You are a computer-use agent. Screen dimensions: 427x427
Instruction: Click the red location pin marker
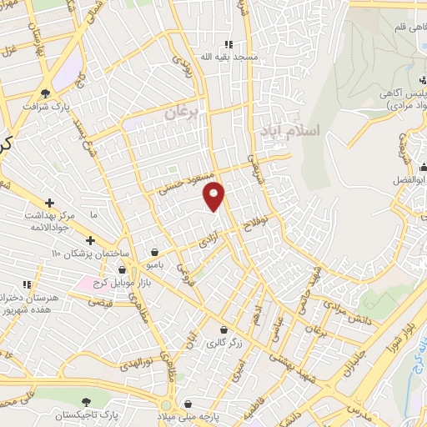coord(214,195)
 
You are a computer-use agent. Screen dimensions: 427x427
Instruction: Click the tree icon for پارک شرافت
coord(45,93)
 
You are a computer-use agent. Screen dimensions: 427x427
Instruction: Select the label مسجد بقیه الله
coord(225,57)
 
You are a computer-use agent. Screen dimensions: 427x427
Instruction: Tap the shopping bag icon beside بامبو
coord(155,252)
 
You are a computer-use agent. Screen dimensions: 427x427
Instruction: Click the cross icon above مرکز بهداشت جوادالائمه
coord(50,203)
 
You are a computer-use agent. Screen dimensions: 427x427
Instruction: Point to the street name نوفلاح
coord(253,224)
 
